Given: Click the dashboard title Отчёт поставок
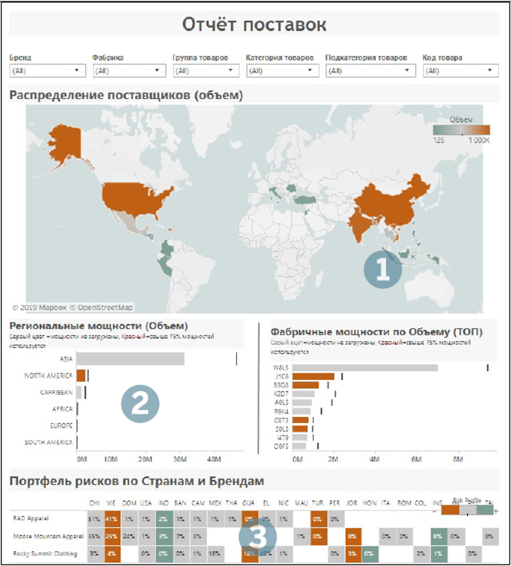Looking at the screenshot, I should (x=254, y=25).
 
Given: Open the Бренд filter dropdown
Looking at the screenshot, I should (x=48, y=71).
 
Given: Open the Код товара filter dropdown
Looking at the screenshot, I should (x=461, y=71).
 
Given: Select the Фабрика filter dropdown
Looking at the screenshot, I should (x=130, y=71).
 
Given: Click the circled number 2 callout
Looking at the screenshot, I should (x=140, y=405).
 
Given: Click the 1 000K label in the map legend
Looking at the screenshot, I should (x=477, y=141).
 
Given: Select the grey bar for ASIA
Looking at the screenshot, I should (x=130, y=359).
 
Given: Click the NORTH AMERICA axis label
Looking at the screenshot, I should (x=49, y=376).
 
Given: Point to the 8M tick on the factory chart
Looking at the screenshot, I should (x=457, y=459).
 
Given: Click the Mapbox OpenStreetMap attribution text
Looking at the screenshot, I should (x=73, y=307).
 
